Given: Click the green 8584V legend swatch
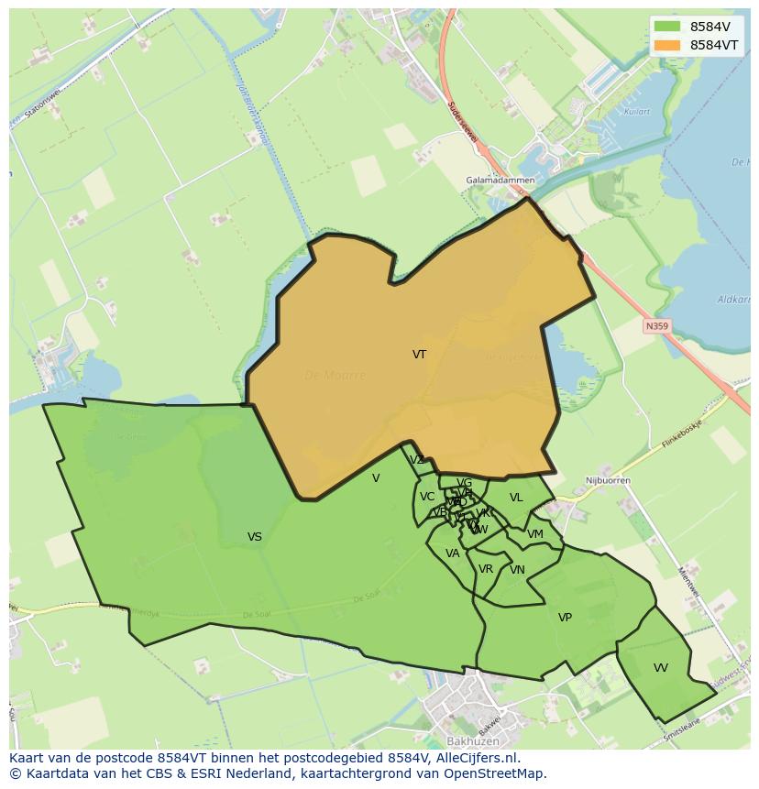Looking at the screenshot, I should pos(668,27).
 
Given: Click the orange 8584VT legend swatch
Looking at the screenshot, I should pos(668,45).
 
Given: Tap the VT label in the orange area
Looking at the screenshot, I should pos(419,354).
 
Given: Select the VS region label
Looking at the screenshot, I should pos(255,537).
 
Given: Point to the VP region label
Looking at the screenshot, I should pos(565,618).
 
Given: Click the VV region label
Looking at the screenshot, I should pos(661,668).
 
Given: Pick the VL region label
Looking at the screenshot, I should pos(516,498).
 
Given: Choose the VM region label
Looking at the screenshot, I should pos(535,534).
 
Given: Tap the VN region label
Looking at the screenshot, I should pos(517,570).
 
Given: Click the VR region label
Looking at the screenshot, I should pos(486,569).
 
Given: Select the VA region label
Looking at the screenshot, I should pos(452,553).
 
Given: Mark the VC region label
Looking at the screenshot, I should pos(427,497).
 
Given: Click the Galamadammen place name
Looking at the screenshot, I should pos(500,181).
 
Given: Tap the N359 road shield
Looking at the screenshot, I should pos(656,325).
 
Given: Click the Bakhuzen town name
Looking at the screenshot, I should pos(471,740).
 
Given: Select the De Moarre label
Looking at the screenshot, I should pos(335,376).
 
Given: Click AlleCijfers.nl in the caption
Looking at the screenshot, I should pos(475,758).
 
